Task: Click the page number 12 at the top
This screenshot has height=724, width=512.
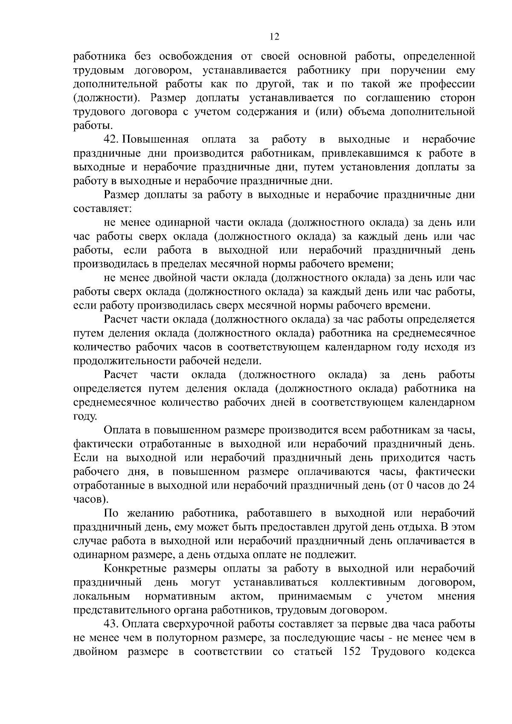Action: point(274,37)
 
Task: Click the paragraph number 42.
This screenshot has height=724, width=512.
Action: point(112,139)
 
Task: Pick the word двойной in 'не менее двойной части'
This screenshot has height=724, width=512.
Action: point(172,278)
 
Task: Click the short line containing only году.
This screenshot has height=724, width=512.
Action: point(85,417)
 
